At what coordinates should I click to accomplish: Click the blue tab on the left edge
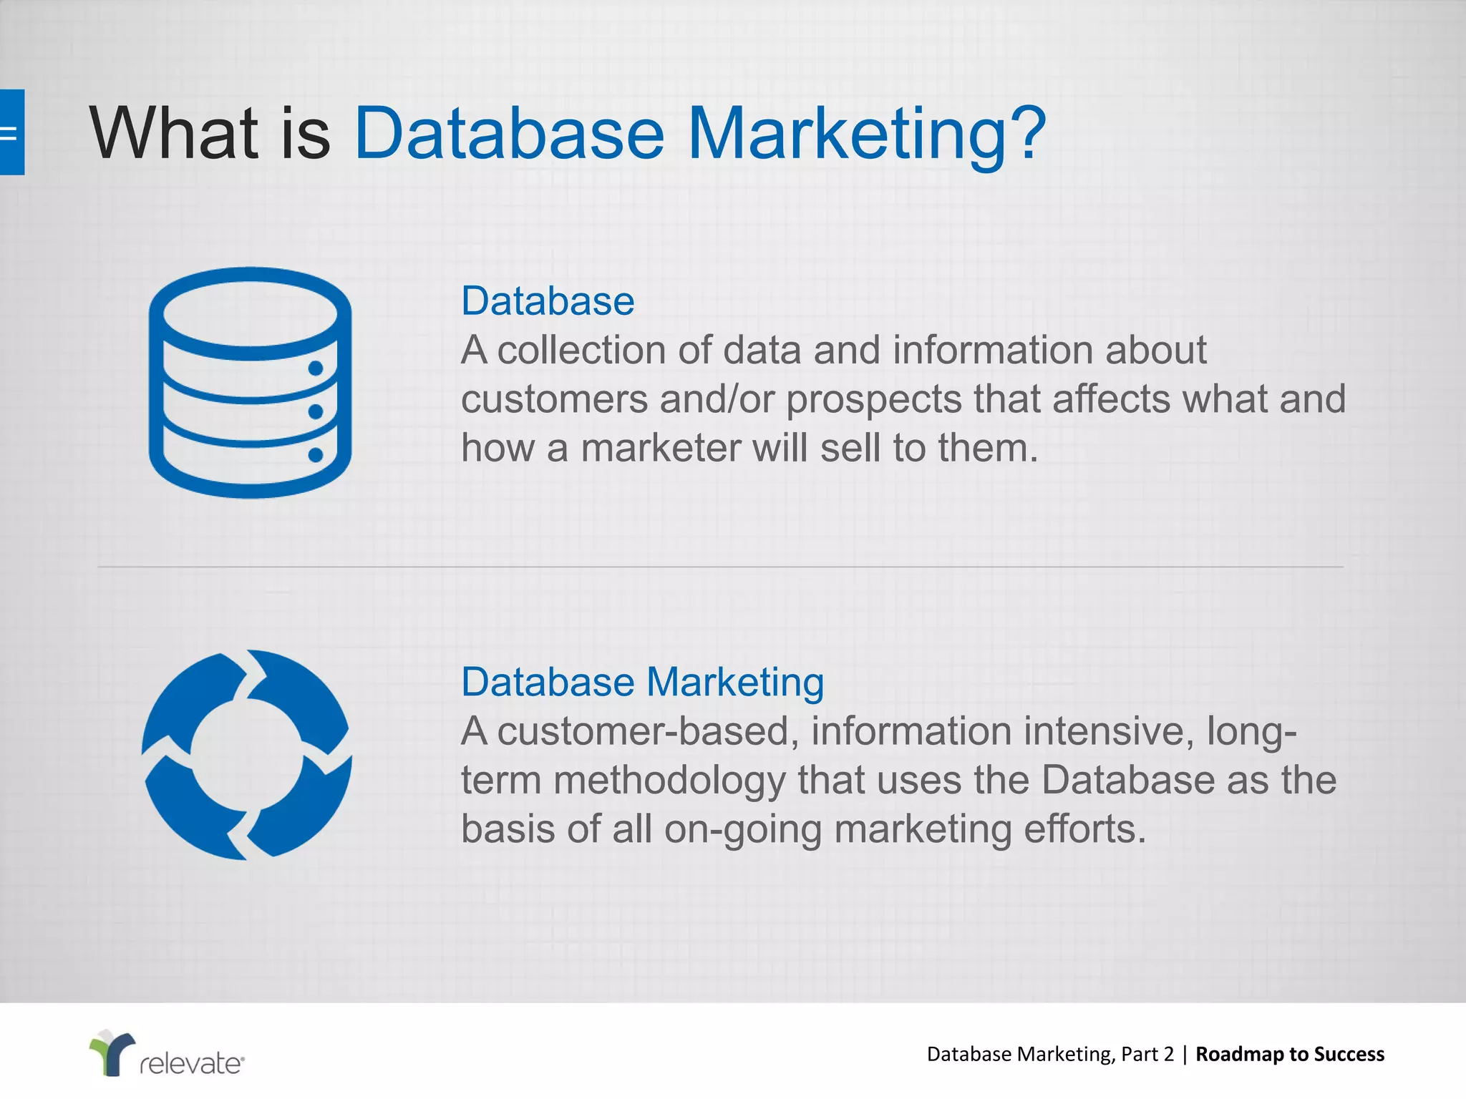pos(11,132)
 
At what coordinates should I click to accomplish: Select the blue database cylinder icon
pos(250,383)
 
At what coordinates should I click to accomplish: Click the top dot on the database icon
pos(316,368)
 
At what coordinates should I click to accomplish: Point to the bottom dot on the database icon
pos(316,455)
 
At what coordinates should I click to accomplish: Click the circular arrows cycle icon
pos(247,755)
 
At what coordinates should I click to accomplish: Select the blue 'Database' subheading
pos(548,301)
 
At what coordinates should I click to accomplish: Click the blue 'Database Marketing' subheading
pos(642,682)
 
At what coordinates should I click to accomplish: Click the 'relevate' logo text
pos(192,1063)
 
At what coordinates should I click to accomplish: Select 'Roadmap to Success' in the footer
pos(1290,1054)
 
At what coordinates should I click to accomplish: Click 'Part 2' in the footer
pos(1147,1054)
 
